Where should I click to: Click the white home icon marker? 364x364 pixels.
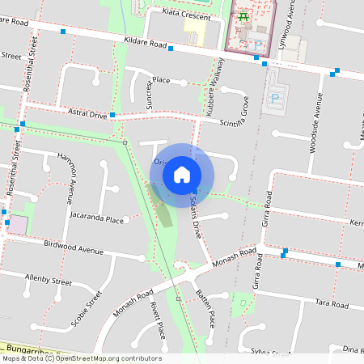pos(182,174)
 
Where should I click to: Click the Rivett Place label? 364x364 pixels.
pos(157,320)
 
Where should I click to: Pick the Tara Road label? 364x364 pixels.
pos(332,303)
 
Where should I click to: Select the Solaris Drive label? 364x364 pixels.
pos(194,215)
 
